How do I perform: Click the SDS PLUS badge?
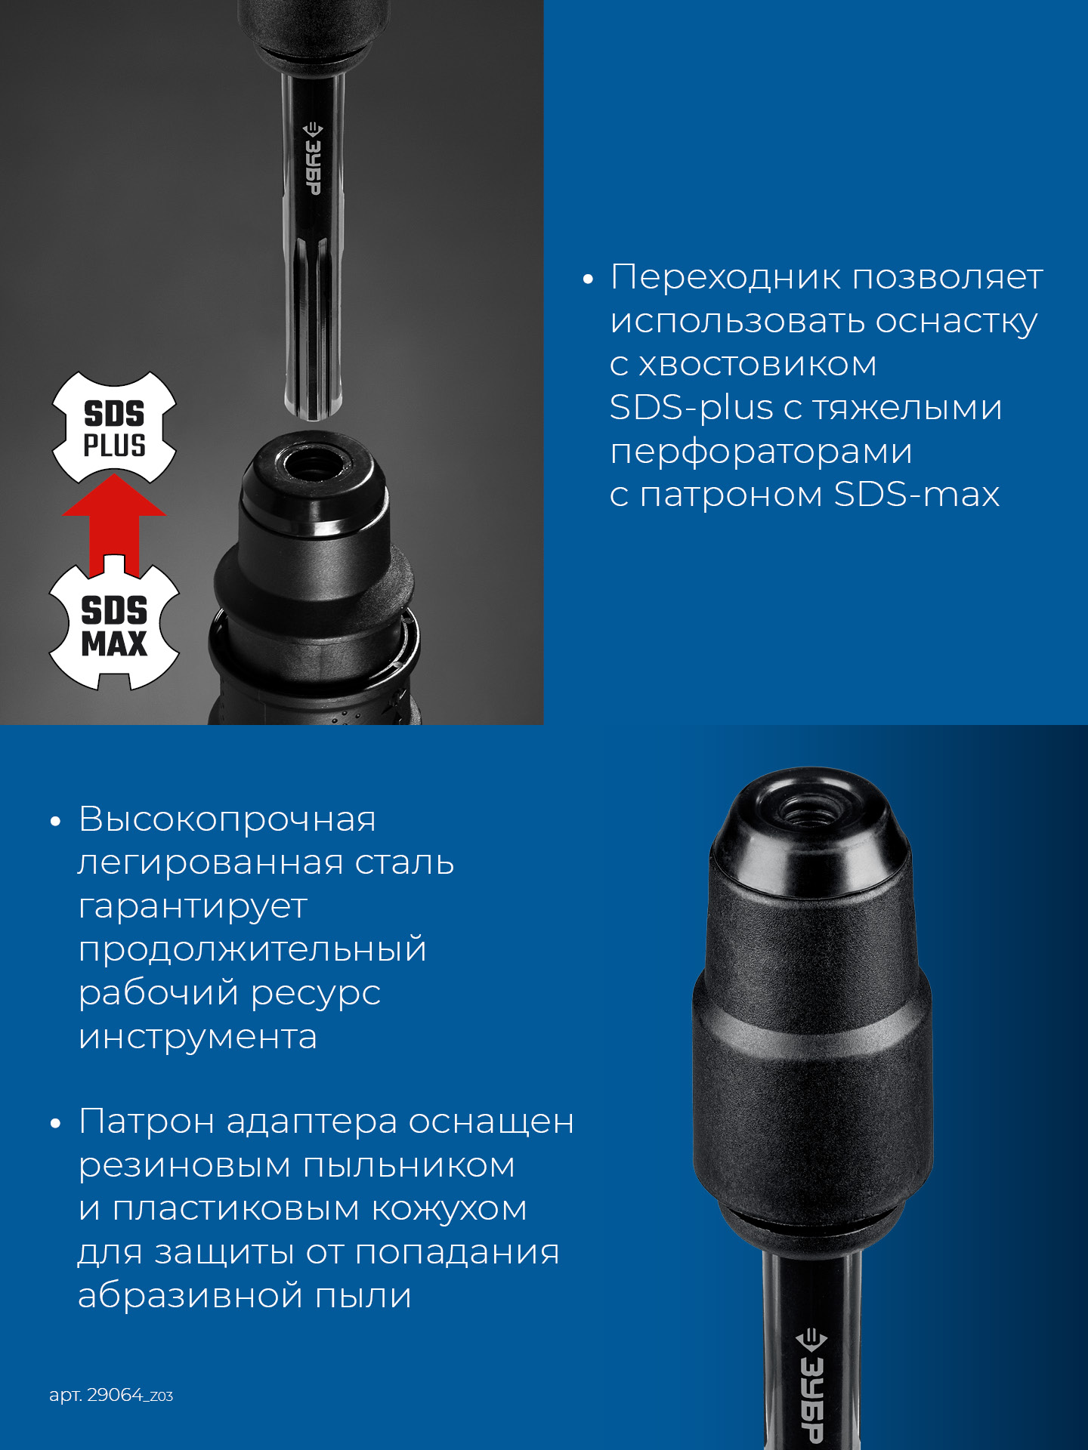(114, 427)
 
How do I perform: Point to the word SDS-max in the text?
(916, 495)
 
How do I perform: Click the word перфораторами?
(761, 452)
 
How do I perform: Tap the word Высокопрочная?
(227, 819)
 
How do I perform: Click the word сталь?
(405, 862)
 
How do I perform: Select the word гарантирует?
(193, 907)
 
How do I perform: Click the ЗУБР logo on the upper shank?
(312, 159)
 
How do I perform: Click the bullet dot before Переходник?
(589, 280)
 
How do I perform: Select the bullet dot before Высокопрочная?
(55, 822)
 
